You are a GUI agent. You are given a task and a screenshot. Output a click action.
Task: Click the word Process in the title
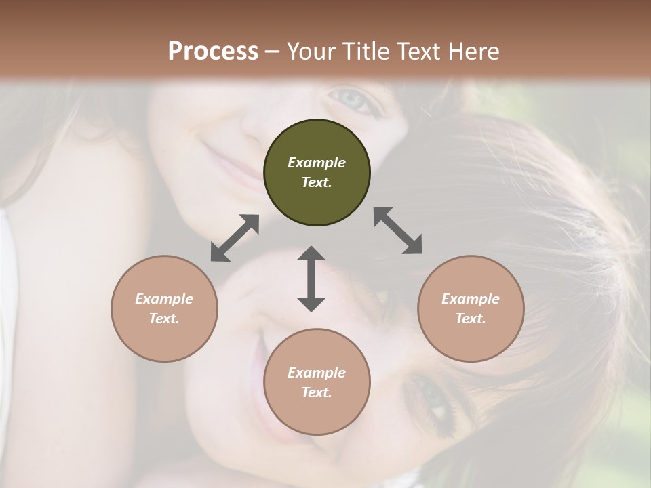pos(213,52)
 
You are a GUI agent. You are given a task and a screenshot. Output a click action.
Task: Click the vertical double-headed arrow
pos(311,279)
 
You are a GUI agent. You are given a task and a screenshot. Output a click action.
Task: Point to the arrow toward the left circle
pos(235,238)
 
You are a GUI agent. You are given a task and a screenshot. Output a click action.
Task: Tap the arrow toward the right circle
pos(398,231)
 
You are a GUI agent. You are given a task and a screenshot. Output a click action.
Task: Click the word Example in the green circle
pos(317,163)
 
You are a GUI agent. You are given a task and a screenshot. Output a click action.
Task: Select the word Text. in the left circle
pos(164,319)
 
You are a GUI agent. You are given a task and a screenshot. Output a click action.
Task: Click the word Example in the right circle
pos(471,299)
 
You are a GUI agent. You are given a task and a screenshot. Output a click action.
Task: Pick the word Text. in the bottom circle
pos(317,392)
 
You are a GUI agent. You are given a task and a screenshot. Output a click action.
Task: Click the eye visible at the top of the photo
pos(353,100)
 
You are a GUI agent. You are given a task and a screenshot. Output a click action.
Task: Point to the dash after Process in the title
pos(272,52)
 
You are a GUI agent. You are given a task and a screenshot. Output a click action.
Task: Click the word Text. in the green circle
pos(317,182)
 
